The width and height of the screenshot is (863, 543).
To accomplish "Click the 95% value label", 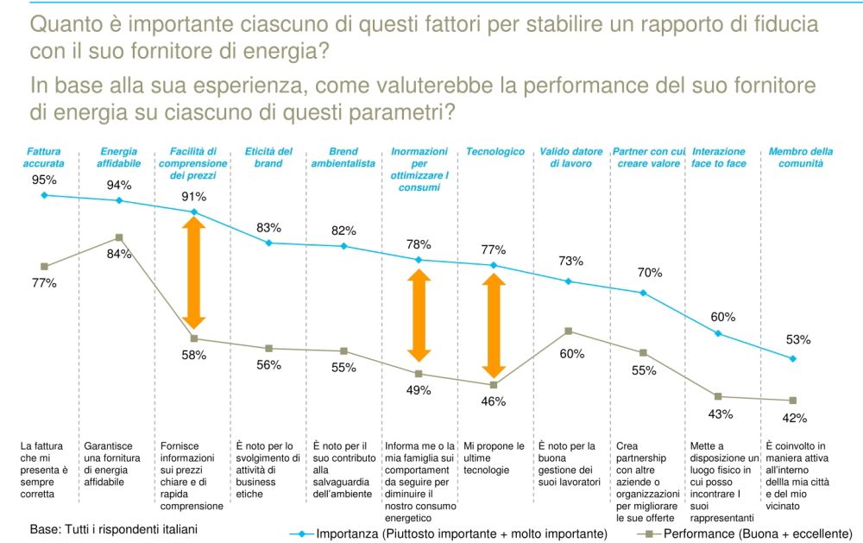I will coord(44,180).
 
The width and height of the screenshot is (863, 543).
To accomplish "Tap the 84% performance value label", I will coord(119,254).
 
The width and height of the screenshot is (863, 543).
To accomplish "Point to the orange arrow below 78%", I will coord(419,314).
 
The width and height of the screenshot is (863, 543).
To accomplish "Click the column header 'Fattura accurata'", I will coord(43,157).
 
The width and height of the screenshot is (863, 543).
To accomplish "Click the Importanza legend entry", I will coord(448,533).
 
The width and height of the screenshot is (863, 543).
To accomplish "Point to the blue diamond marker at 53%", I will coord(793,358).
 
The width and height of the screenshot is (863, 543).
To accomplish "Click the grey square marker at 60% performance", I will coord(569,331).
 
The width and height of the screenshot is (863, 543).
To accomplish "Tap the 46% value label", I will coord(494,401).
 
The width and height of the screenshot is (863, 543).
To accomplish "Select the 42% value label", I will coord(793,418).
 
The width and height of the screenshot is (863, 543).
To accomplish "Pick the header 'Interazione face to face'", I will coord(719,157).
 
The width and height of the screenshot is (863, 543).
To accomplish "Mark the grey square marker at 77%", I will coord(44,266).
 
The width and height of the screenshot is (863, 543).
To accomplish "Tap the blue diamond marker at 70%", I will coord(644,293).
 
